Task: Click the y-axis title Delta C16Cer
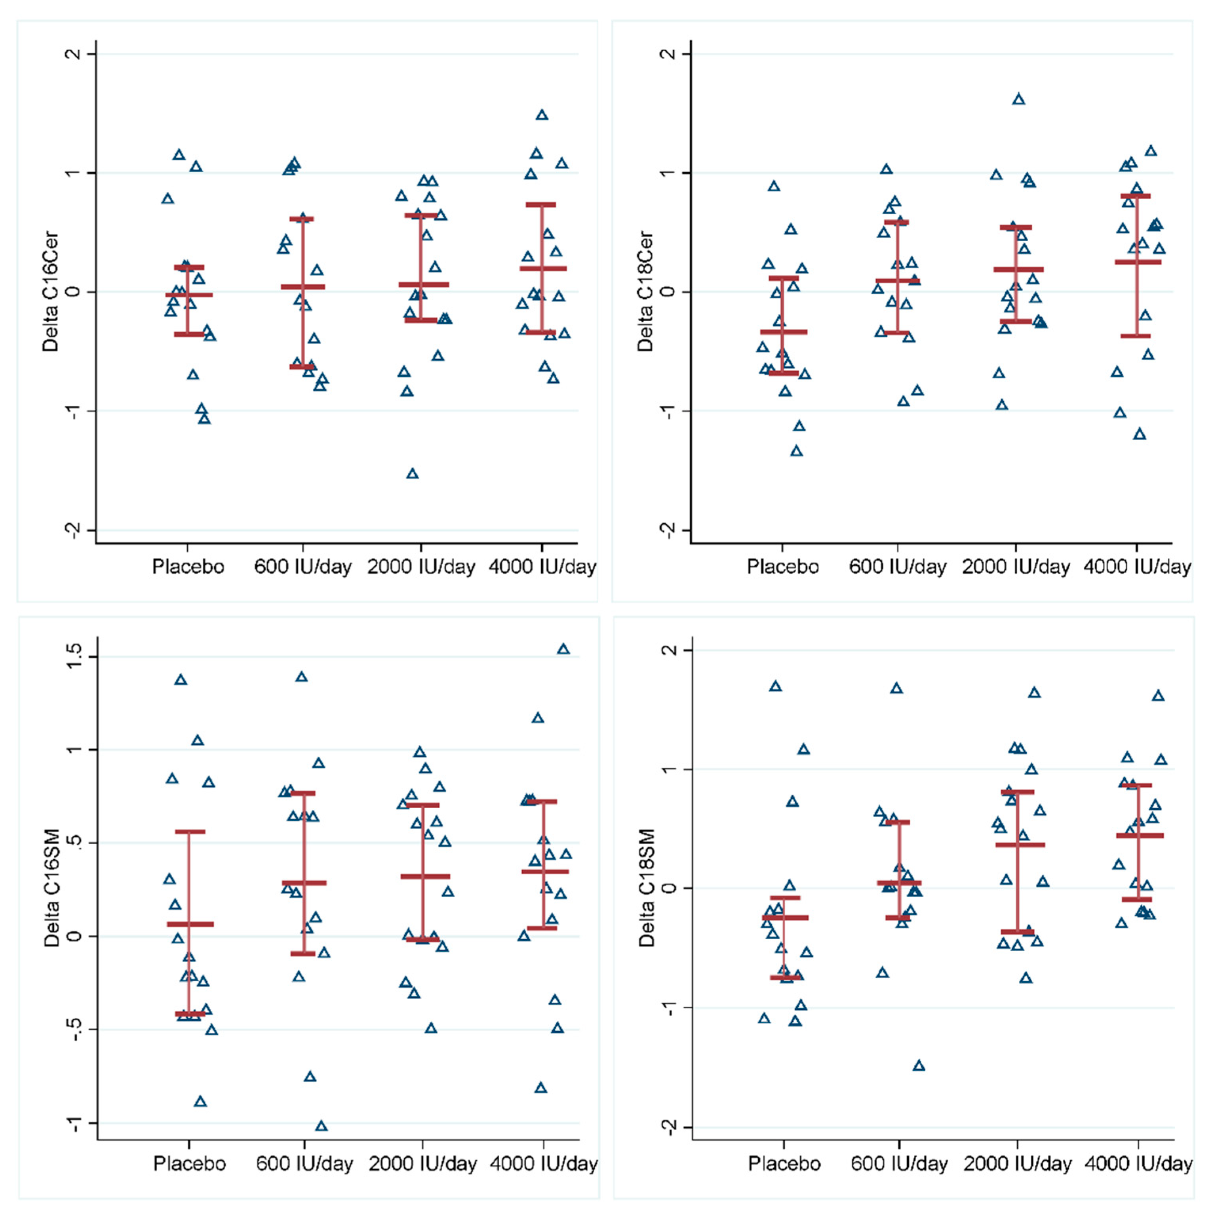click(50, 292)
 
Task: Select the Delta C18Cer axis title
click(646, 292)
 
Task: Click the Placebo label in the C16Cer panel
click(188, 567)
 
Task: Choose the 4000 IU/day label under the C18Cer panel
click(1137, 567)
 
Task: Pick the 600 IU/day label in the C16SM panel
click(304, 1164)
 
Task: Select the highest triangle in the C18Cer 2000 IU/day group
click(1018, 99)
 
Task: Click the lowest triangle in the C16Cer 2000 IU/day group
click(413, 473)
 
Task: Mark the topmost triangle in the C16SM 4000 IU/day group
click(563, 649)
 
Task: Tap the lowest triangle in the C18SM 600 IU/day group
click(919, 1066)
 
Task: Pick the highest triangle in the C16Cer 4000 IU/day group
click(542, 115)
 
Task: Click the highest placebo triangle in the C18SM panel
click(776, 687)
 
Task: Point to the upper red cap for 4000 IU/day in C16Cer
click(541, 204)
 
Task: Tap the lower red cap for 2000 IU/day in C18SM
click(1017, 932)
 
